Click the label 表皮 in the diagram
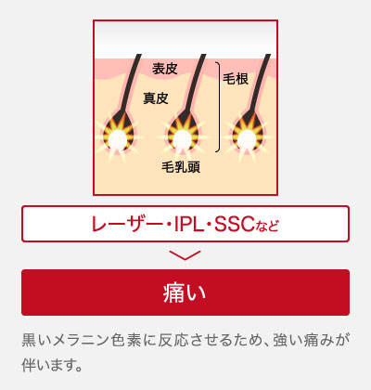pos(165,69)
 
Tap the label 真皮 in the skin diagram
pos(156,98)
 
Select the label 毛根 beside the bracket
pos(236,79)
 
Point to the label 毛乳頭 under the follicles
pos(181,167)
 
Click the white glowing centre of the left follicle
pos(117,138)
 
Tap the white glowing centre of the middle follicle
pos(182,138)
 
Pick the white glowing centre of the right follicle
pos(247,138)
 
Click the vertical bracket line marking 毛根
pos(220,107)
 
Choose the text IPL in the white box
pos(188,224)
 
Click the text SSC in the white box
pos(235,224)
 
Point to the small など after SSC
pos(267,226)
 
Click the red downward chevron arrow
pos(185,255)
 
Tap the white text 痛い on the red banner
pos(185,292)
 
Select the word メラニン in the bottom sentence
pos(82,340)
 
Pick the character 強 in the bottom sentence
pos(280,340)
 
